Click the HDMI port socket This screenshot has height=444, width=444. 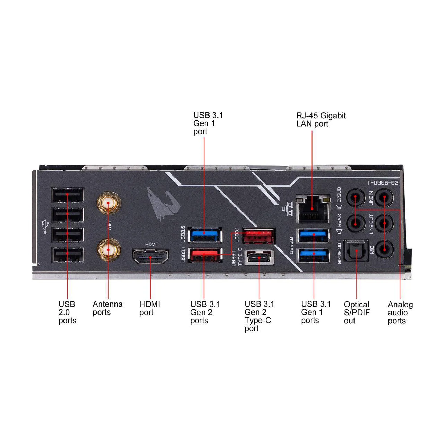coord(151,257)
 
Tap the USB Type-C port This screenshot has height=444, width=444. coord(259,258)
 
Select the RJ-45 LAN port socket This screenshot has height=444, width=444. coord(312,208)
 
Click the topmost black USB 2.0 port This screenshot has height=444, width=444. coord(67,195)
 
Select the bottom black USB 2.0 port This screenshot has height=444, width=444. coord(67,255)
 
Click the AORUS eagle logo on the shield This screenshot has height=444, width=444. coord(163,205)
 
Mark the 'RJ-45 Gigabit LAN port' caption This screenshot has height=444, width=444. coord(321,120)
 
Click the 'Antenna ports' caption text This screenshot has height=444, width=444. coord(108,308)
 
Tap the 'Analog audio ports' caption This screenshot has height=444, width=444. coord(400,312)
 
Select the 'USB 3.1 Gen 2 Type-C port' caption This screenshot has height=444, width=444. coord(259,316)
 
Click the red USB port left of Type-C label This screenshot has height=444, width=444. coord(204,255)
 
